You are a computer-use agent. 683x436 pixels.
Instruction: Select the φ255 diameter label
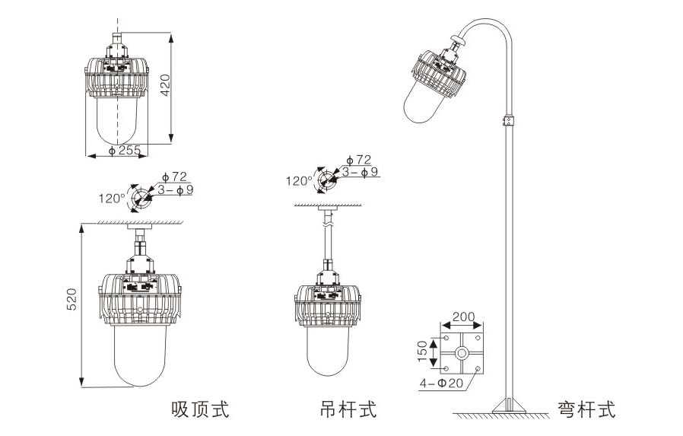125,151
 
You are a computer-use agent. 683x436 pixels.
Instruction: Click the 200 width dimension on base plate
463,317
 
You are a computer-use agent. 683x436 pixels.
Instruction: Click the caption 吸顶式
200,410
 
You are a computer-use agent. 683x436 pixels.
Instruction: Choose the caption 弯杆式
586,410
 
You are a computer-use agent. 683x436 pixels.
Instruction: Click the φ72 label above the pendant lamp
358,160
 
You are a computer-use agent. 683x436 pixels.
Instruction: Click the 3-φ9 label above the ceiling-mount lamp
174,189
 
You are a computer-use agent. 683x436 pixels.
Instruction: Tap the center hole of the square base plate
462,354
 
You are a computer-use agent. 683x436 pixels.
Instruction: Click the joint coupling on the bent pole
509,121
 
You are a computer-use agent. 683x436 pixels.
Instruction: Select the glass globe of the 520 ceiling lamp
140,354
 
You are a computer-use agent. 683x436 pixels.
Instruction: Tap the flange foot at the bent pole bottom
508,406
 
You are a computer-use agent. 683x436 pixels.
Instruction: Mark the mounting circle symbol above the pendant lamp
327,180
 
